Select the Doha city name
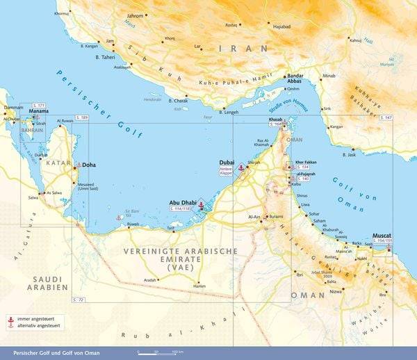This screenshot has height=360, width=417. point(89,165)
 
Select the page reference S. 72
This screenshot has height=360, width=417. point(78,299)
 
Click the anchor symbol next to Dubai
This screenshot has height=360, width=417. point(241,168)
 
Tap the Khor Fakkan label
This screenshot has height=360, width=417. point(306,161)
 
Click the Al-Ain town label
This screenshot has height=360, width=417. point(254,217)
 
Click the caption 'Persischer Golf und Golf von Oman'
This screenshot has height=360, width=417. point(52,353)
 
